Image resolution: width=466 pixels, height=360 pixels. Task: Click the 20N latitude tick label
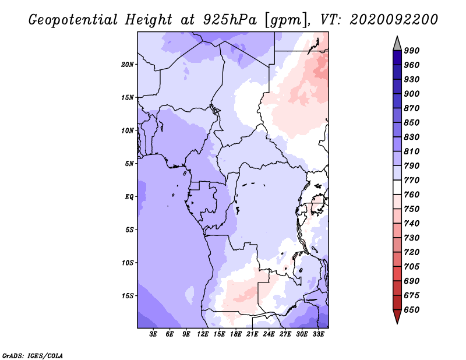coord(128,65)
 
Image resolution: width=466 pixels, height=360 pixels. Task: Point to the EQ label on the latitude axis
coord(129,197)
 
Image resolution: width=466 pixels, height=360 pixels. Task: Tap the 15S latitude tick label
coord(128,296)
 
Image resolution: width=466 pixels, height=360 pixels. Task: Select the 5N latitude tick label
coord(129,164)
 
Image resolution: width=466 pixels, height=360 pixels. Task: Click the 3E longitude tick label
coord(153,334)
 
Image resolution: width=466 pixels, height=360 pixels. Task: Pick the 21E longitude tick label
coord(252,334)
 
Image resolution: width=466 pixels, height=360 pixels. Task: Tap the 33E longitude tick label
coord(318,334)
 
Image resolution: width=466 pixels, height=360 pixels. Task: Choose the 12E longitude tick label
coord(202,334)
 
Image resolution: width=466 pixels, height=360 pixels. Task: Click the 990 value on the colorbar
coord(411,51)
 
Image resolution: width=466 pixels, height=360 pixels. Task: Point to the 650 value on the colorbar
coord(411,310)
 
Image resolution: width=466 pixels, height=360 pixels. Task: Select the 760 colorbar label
coord(411,195)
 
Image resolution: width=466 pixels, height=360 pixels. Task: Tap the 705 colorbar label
coord(411,267)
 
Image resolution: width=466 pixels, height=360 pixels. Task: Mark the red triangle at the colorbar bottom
coord(397,316)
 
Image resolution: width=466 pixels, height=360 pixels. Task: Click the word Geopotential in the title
coord(73,20)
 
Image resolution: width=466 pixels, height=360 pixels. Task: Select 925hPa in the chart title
coord(230,20)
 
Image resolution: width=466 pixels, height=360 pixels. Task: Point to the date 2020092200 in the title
coord(394,20)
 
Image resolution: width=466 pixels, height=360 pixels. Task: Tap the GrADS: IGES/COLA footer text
coord(33,356)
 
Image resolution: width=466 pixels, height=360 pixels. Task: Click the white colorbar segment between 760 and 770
coord(397,188)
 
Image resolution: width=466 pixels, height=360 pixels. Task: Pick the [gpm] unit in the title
coord(286,20)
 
